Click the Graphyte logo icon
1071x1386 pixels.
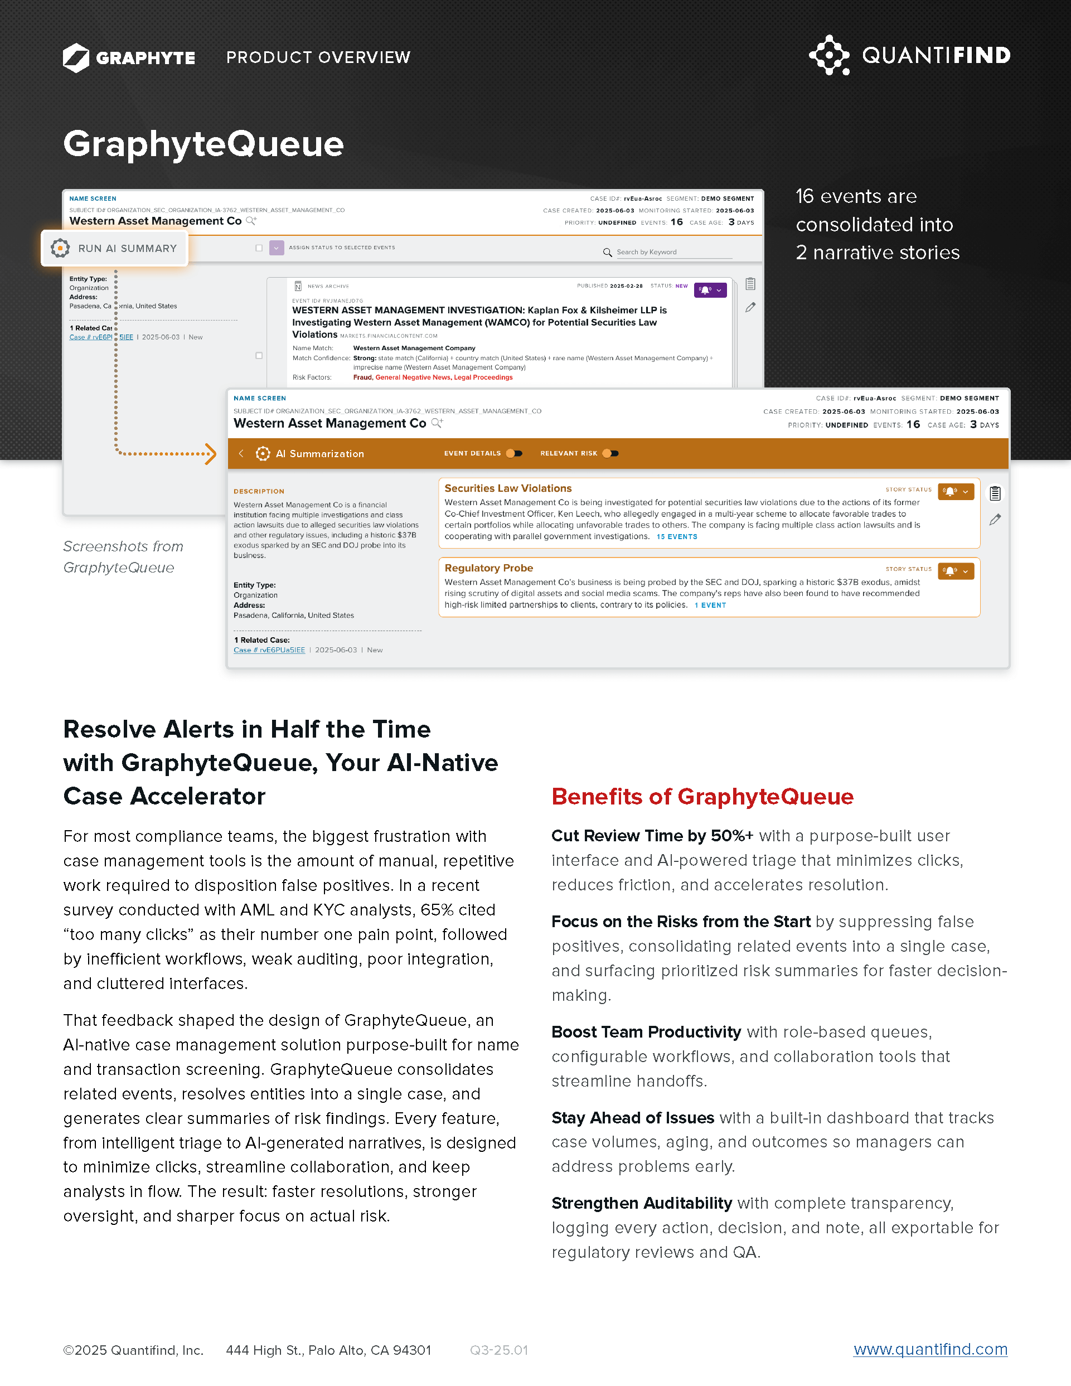tap(76, 58)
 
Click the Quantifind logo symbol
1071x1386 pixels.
tap(828, 55)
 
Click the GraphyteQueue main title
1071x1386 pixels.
tap(203, 144)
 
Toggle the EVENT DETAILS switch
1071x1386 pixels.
tap(515, 453)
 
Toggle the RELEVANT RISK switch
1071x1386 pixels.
tap(610, 453)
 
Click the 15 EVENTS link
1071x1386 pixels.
tap(676, 537)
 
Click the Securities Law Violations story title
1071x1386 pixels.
tap(507, 488)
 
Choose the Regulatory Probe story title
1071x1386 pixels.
tap(488, 568)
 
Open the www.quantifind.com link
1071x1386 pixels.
tap(930, 1349)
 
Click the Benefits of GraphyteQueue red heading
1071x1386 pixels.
tap(702, 797)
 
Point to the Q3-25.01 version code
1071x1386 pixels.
tap(498, 1350)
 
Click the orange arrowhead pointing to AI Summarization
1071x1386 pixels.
tap(211, 454)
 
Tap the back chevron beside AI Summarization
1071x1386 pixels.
tap(241, 453)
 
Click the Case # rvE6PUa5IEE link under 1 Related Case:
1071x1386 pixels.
tap(269, 650)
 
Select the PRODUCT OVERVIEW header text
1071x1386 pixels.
tap(318, 58)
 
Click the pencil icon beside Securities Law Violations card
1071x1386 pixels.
tap(995, 520)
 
